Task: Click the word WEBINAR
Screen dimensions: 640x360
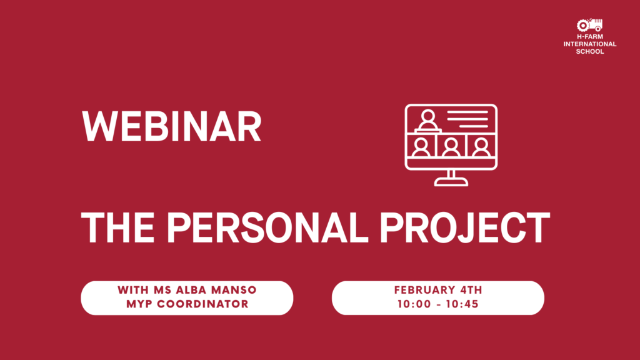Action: (x=171, y=126)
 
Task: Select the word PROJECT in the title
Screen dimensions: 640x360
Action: (x=465, y=227)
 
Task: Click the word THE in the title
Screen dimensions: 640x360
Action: (x=118, y=227)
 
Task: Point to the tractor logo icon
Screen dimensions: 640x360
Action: (x=589, y=25)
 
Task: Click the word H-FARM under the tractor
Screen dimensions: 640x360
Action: (x=590, y=37)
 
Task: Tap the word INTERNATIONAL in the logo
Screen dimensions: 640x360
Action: (x=590, y=44)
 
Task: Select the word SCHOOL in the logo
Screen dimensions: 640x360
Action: (x=590, y=51)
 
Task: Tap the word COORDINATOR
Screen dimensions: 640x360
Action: (x=203, y=304)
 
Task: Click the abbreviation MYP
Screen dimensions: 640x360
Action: (x=139, y=304)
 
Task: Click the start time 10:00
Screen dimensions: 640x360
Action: (x=414, y=304)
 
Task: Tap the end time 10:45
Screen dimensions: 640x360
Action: (x=462, y=304)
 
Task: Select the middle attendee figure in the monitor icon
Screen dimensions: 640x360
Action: (x=451, y=147)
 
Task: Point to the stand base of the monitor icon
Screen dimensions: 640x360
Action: (x=451, y=182)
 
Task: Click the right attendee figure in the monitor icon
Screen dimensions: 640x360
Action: (x=481, y=147)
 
